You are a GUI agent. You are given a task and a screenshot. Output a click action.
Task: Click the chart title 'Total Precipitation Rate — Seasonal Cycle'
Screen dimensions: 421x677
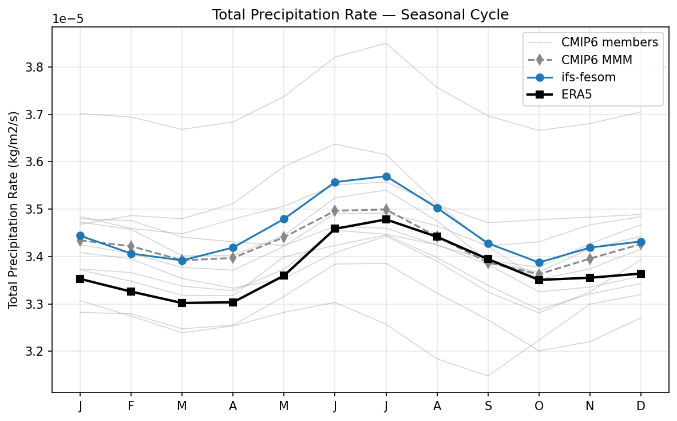[360, 14]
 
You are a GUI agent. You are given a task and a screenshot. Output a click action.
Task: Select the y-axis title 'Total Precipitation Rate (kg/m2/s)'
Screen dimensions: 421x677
[13, 210]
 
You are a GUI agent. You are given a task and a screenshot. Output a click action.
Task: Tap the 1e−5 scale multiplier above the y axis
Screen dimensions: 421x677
[68, 19]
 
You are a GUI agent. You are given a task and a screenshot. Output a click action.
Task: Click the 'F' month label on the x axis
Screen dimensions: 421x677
[131, 406]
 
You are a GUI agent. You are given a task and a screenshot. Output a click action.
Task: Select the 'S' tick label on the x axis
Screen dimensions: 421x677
[488, 406]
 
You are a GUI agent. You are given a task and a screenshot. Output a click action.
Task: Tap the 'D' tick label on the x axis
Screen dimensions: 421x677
[641, 406]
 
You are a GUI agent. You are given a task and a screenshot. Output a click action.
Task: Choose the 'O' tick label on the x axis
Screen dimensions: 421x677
[539, 406]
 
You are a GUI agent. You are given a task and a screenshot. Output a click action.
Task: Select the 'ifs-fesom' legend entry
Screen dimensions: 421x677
[588, 77]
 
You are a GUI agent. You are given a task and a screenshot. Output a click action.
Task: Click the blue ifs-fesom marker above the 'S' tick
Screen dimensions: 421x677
[488, 244]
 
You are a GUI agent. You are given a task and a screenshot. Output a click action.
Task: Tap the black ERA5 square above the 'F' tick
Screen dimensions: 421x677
[131, 292]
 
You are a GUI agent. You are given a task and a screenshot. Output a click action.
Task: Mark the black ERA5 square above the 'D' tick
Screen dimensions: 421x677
[641, 274]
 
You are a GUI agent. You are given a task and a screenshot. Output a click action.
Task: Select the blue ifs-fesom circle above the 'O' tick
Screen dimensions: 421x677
[539, 262]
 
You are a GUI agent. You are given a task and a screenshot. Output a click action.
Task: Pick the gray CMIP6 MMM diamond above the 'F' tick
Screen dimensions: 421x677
[131, 246]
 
